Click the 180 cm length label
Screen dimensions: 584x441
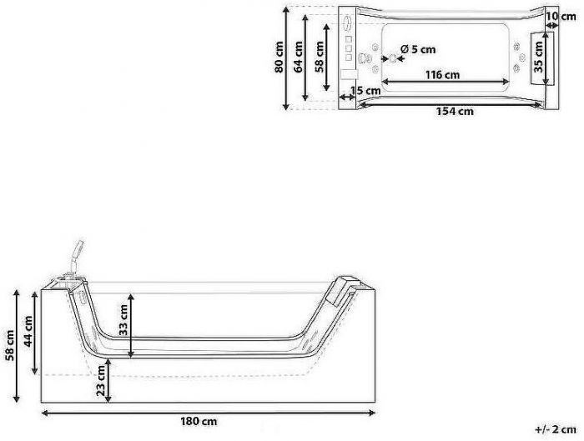(199, 422)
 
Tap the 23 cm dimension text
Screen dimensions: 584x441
(101, 380)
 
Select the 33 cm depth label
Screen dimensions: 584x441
(123, 320)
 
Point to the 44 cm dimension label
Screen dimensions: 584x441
(28, 331)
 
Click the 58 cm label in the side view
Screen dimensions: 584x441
(10, 345)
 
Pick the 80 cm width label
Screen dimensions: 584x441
(279, 57)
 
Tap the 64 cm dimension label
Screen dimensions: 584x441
(299, 57)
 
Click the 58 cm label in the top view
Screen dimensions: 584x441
(320, 57)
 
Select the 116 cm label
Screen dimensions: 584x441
(443, 75)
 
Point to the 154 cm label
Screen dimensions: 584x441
(456, 111)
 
